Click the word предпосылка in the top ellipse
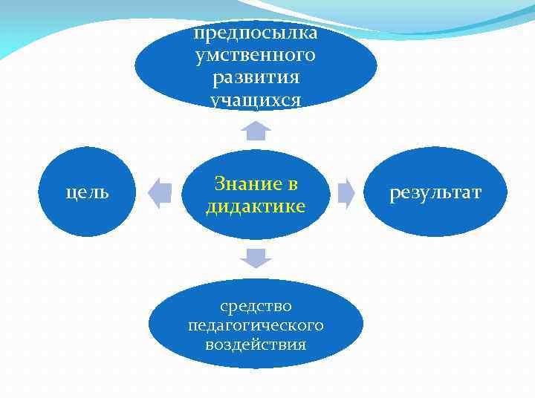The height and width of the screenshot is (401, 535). pos(256,33)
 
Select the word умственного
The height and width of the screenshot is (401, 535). pos(256,55)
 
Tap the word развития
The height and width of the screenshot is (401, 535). pos(256,77)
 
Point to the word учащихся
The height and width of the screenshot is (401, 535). pos(256,100)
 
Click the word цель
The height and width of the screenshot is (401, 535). pos(88,192)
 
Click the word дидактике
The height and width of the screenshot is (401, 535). pos(256,206)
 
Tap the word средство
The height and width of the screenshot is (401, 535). pos(256,305)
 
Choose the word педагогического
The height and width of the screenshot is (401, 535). pos(256,325)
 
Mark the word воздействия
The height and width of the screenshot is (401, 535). pos(256,345)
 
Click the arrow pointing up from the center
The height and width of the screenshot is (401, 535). pos(256,131)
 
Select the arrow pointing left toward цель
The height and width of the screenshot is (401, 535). pos(160,192)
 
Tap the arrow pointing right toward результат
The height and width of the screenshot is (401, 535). pos(346,192)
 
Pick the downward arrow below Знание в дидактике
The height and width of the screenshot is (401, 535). pos(256,258)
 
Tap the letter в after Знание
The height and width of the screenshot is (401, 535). pos(293,183)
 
